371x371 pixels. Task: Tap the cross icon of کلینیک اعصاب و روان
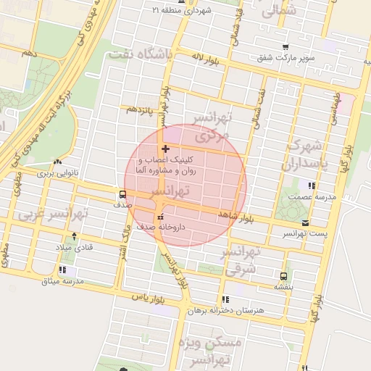(x=166, y=148)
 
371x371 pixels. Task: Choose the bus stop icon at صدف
(x=122, y=194)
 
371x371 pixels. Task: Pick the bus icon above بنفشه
(x=283, y=275)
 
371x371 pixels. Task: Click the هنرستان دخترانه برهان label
(x=227, y=310)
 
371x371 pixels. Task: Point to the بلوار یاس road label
(x=144, y=297)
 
